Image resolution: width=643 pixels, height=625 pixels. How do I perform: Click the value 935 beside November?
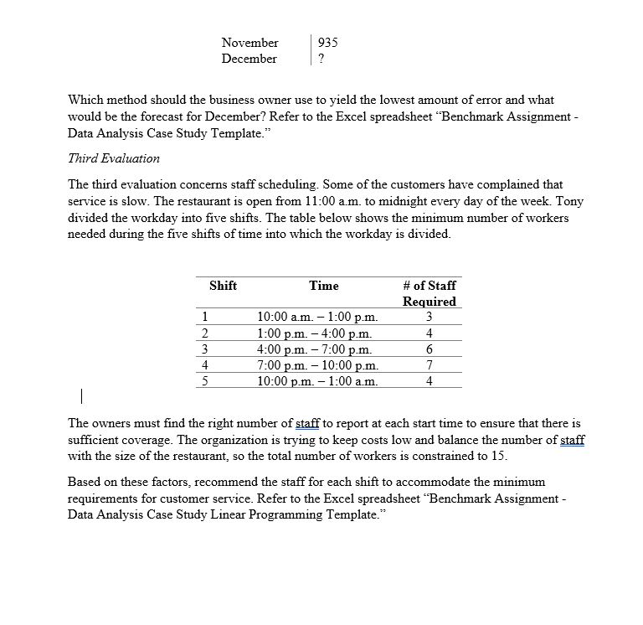[328, 42]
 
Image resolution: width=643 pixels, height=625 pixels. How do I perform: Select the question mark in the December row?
[321, 59]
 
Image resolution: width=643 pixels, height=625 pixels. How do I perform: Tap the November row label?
[249, 42]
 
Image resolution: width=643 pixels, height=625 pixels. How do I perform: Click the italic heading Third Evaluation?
[114, 158]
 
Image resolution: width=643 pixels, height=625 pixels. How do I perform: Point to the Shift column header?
[223, 286]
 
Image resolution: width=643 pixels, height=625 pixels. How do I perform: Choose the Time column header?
[324, 286]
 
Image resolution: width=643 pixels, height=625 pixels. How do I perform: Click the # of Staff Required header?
[429, 293]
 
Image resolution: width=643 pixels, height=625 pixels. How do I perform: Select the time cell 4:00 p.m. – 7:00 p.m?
[314, 349]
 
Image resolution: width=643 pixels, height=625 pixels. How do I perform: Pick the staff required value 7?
[429, 364]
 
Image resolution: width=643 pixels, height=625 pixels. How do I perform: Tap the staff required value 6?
[429, 349]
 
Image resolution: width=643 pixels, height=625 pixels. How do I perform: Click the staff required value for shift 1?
[429, 317]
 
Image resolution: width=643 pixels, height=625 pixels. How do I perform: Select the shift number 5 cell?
[205, 380]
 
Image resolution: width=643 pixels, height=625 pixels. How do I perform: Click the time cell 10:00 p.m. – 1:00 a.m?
[317, 380]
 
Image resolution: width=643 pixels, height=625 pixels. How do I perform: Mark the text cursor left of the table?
[81, 394]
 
